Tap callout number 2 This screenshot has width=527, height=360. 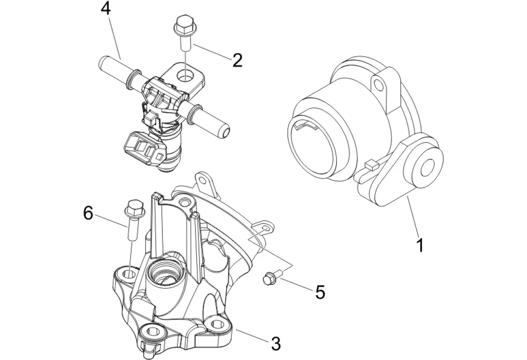pos(237,60)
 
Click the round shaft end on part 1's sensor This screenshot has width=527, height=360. pos(429,167)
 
